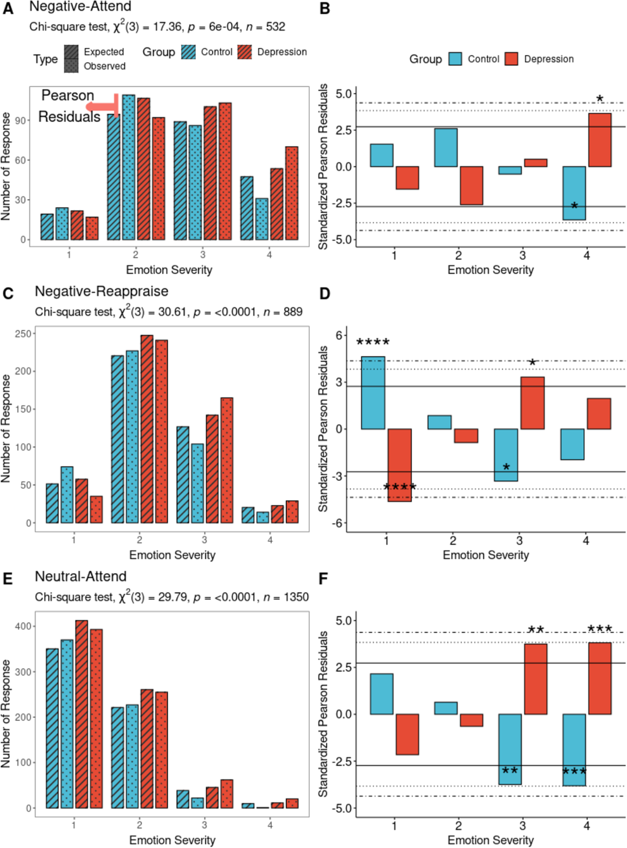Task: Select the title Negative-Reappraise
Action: tap(101, 291)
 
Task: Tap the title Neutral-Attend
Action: tap(80, 576)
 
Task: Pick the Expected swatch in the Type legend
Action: tap(71, 52)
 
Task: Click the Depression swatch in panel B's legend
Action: tap(511, 59)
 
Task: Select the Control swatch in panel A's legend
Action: tap(188, 52)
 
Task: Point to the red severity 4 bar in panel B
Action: tap(599, 140)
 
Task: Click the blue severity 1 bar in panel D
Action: tap(373, 393)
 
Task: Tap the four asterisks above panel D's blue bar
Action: tap(373, 342)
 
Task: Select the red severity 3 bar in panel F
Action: tap(535, 679)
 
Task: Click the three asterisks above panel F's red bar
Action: tap(599, 629)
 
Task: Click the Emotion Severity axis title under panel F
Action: tap(490, 840)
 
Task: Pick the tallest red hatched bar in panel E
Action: tap(82, 714)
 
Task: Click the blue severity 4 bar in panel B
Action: tap(574, 193)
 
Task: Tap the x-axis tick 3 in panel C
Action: tap(204, 540)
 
